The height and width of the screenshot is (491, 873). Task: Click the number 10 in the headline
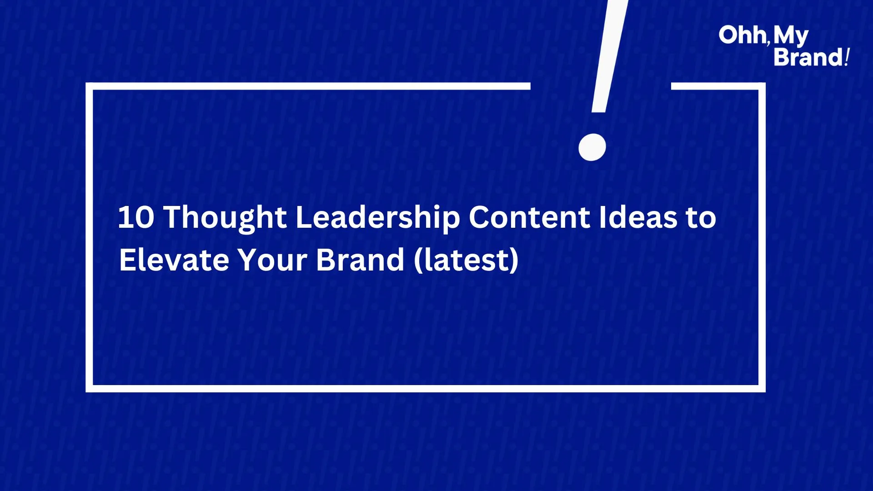point(136,217)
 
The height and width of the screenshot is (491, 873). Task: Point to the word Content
point(529,217)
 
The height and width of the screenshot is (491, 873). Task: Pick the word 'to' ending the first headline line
point(701,218)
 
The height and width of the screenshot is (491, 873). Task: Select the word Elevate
point(174,260)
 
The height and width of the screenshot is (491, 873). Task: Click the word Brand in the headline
point(360,260)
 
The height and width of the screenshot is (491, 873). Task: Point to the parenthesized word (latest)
point(466,261)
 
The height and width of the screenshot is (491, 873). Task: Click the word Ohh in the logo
point(742,35)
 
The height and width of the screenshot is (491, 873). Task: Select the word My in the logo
point(791,36)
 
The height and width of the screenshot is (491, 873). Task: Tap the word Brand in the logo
point(808,57)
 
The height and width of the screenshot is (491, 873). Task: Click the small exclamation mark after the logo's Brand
point(847,57)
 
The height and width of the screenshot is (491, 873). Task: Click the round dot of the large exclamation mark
point(592,147)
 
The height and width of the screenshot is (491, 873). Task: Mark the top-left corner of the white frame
point(89,86)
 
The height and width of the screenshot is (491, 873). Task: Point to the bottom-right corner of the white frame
point(762,389)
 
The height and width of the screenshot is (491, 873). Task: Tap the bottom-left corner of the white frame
point(89,389)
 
